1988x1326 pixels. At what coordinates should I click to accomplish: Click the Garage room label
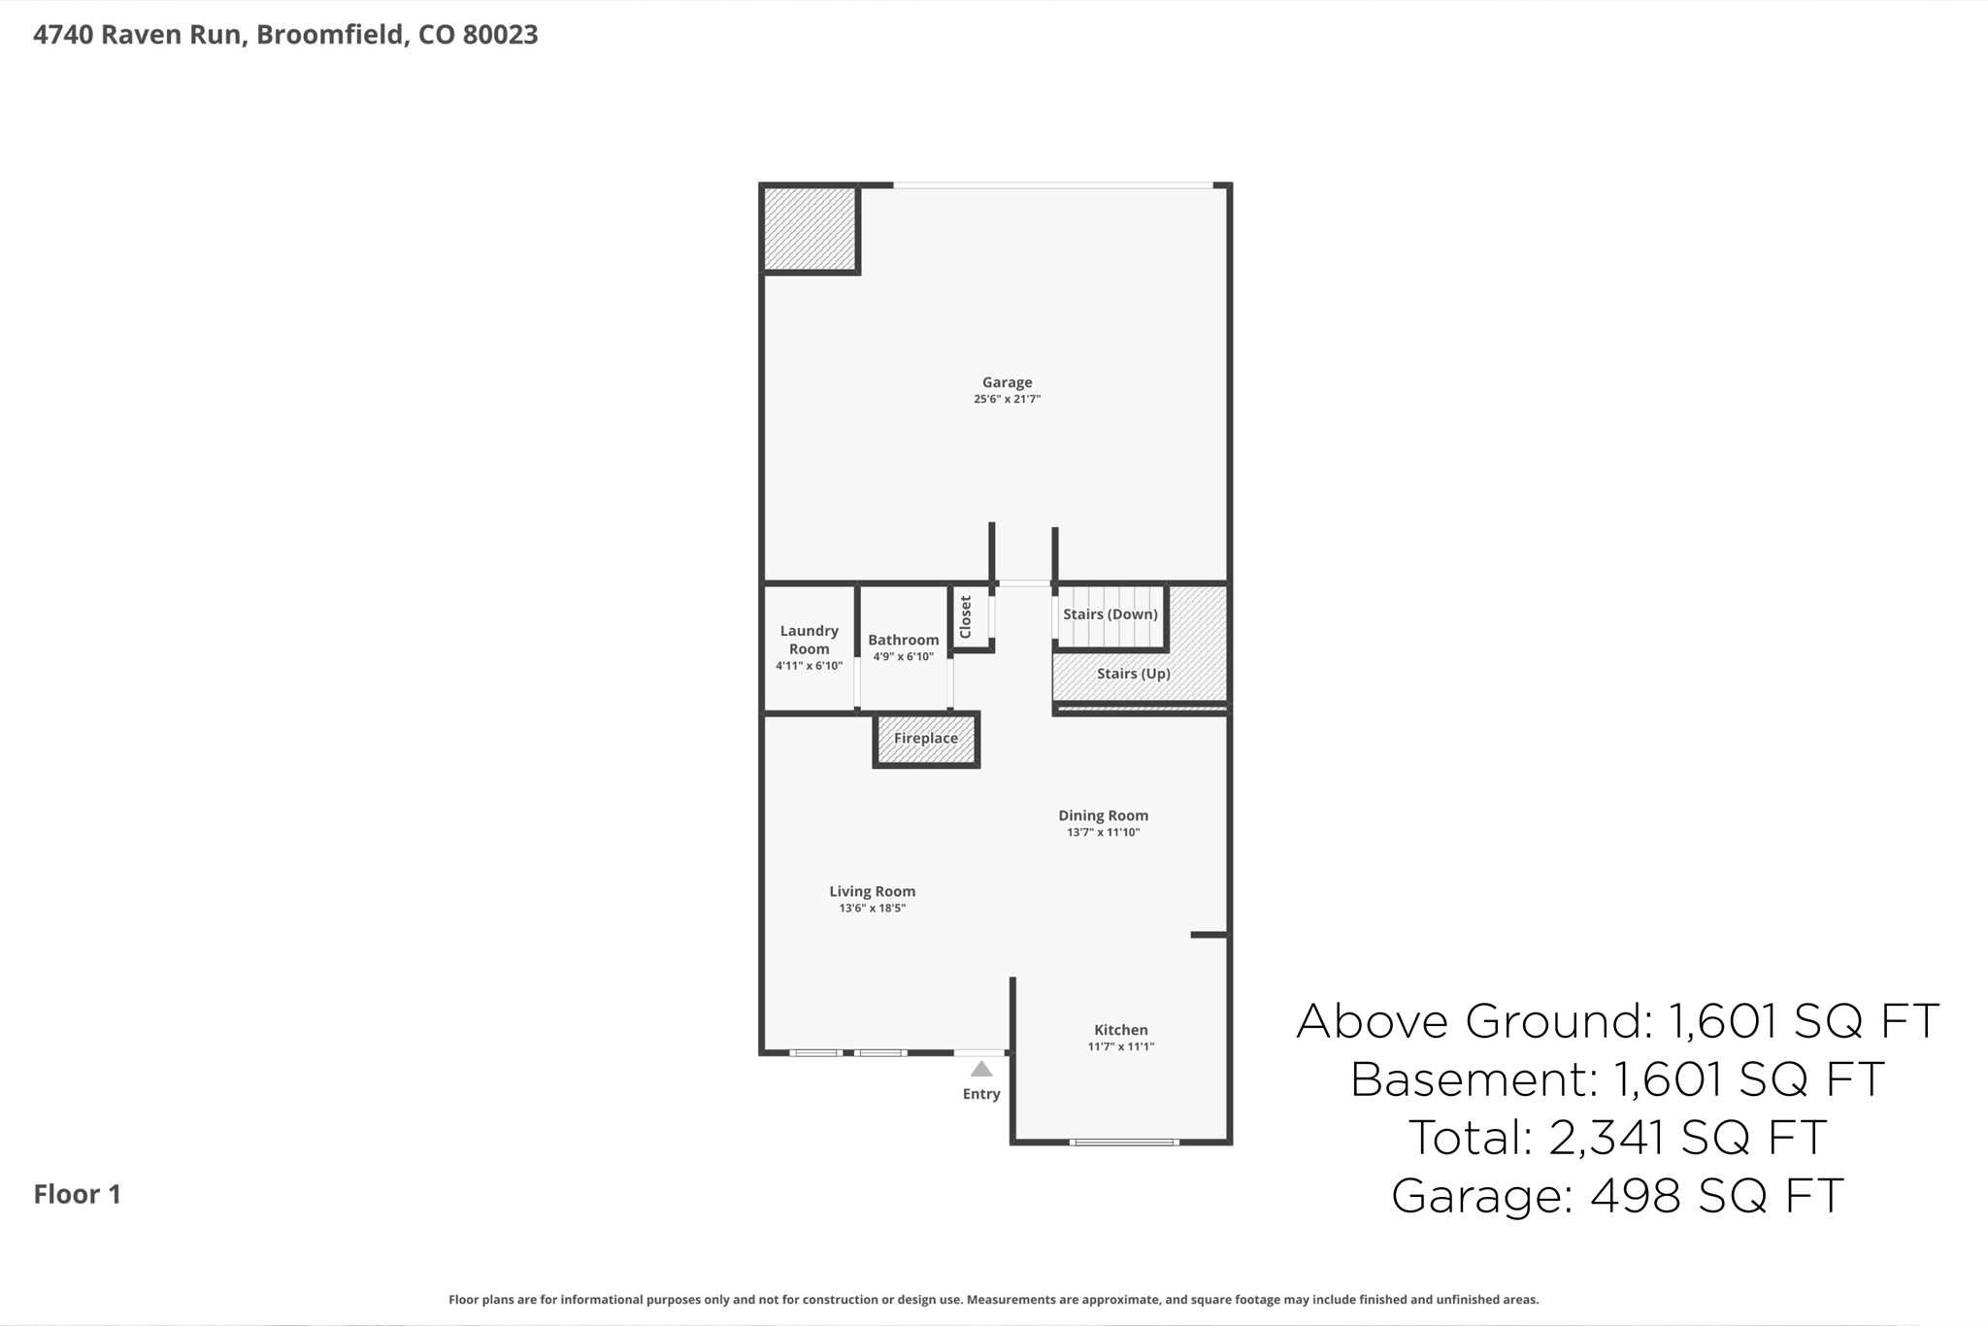(x=1007, y=382)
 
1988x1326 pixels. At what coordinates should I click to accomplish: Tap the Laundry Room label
(x=809, y=640)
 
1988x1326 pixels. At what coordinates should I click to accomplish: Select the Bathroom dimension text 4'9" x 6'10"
(x=903, y=657)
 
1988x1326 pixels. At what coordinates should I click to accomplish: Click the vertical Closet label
(x=966, y=617)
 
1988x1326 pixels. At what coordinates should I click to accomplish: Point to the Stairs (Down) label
(x=1110, y=614)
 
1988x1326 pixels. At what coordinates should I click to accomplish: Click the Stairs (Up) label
(x=1133, y=674)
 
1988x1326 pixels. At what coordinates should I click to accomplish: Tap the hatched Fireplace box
(x=926, y=739)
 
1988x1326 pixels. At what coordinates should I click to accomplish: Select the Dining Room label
(x=1103, y=815)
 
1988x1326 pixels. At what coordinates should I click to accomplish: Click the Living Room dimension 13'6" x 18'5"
(x=872, y=909)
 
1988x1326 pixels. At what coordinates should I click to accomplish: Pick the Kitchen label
(x=1120, y=1030)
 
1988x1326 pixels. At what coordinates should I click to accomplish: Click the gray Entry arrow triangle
(x=981, y=1069)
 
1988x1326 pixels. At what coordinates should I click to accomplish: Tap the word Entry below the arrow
(x=981, y=1094)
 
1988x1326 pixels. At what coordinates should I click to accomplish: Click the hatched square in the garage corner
(x=810, y=229)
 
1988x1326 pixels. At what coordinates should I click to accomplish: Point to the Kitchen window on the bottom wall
(x=1124, y=1143)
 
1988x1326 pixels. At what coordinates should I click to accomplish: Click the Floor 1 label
(x=78, y=1194)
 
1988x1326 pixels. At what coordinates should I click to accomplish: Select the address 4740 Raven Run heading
(x=285, y=35)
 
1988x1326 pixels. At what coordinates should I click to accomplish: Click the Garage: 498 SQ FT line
(x=1617, y=1195)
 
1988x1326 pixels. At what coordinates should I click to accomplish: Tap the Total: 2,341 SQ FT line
(x=1617, y=1137)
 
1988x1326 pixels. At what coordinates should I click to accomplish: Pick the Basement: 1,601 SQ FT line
(x=1617, y=1078)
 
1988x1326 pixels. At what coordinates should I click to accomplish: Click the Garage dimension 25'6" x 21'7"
(x=1007, y=399)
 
